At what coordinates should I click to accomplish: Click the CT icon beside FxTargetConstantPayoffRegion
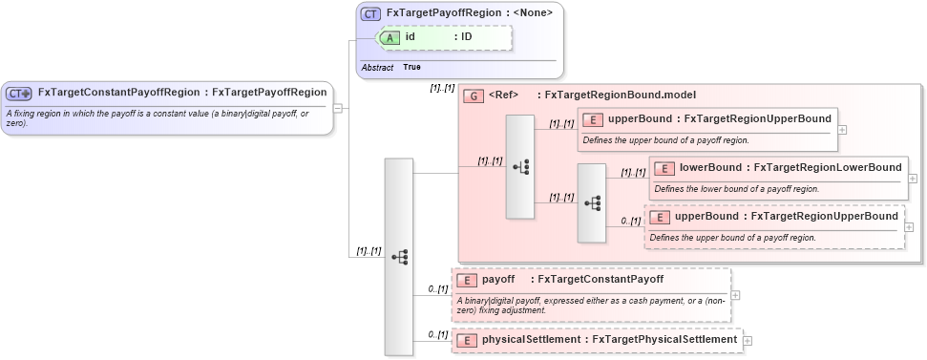19,94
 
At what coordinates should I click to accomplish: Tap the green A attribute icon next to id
391,37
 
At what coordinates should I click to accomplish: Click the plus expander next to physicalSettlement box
748,340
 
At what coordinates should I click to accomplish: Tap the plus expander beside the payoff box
735,295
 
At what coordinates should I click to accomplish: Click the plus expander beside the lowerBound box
913,178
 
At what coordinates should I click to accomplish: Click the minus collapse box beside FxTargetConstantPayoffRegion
338,108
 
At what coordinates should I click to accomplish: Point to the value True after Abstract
411,68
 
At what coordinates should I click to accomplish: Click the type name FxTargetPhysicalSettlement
664,339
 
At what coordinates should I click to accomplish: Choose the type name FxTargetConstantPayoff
600,280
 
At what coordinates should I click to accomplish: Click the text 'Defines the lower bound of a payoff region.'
736,189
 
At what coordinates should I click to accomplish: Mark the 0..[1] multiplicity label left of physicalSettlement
438,334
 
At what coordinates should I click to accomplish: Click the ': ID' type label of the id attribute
463,37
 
